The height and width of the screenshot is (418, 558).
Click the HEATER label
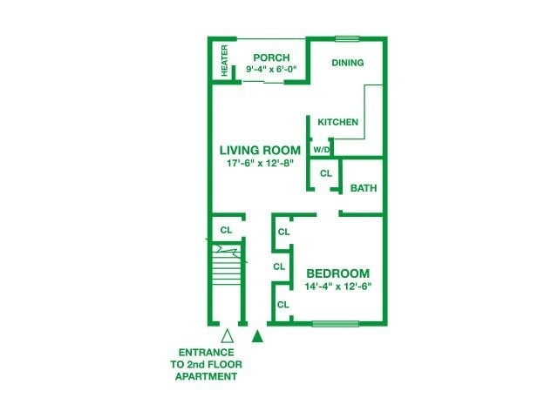coord(225,60)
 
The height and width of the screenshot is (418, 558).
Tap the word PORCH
coord(270,57)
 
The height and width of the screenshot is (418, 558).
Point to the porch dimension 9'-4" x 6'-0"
coord(270,69)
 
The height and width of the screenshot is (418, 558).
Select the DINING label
coord(348,63)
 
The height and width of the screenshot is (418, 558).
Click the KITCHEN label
coord(337,122)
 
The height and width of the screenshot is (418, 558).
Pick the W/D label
coord(321,150)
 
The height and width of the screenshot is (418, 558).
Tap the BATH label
coord(362,188)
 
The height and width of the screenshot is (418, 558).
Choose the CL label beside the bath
coord(325,174)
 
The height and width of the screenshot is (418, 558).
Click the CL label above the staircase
coord(226,230)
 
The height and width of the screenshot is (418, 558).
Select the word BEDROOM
coord(337,273)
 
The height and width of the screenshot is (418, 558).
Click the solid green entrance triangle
coord(258,335)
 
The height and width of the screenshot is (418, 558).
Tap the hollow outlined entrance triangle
coord(228,335)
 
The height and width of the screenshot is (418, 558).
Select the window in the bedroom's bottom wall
coord(336,325)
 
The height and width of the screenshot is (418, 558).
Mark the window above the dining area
coord(348,38)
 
